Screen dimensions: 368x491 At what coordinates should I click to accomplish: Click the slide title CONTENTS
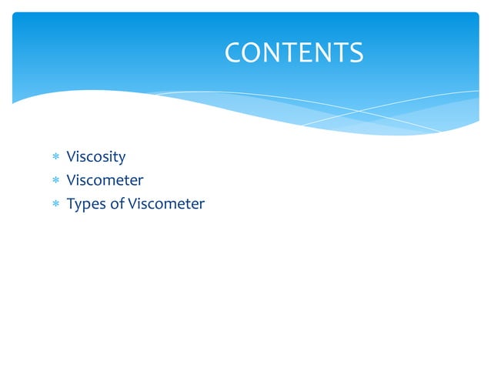click(x=294, y=52)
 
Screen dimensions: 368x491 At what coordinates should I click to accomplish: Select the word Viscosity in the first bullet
click(x=96, y=157)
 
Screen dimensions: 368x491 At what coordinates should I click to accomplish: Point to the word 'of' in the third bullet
click(x=117, y=203)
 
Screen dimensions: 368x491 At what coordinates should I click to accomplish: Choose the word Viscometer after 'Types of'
click(x=166, y=203)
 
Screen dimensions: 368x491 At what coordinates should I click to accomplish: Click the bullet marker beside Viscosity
click(x=55, y=158)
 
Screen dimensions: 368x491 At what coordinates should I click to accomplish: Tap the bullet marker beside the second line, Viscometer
click(x=55, y=181)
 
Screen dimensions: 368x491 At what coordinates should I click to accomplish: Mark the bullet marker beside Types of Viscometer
click(x=55, y=204)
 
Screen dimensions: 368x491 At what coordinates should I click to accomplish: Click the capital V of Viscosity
click(x=72, y=157)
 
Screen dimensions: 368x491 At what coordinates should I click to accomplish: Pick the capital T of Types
click(x=71, y=203)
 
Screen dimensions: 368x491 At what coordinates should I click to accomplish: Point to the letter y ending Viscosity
click(x=122, y=159)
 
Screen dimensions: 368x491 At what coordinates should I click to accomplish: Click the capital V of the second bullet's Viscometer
click(x=72, y=180)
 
